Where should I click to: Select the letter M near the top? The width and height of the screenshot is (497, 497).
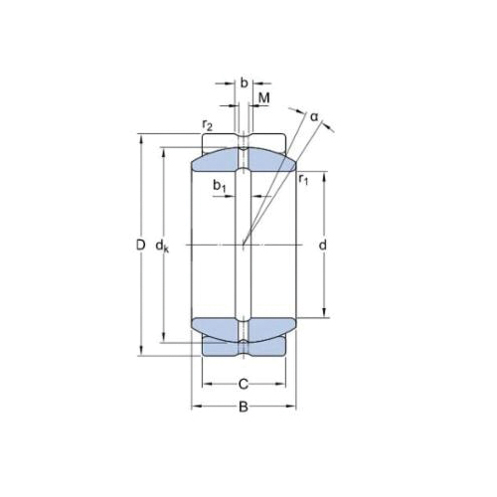(x=264, y=96)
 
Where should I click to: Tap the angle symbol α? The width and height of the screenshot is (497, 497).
(x=314, y=116)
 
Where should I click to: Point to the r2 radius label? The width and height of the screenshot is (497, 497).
(x=207, y=124)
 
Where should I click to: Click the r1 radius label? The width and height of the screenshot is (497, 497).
(x=304, y=179)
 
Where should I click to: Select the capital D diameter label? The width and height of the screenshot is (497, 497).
(x=140, y=245)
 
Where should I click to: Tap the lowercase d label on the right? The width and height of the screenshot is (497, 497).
(x=323, y=245)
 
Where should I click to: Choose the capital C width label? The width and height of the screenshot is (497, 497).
(x=244, y=384)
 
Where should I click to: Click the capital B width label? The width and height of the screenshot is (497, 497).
(x=244, y=407)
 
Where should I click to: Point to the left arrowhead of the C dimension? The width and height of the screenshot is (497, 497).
(x=205, y=384)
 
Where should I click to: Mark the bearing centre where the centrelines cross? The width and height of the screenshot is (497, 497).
(x=244, y=245)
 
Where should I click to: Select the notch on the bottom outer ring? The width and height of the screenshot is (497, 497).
(x=244, y=349)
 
